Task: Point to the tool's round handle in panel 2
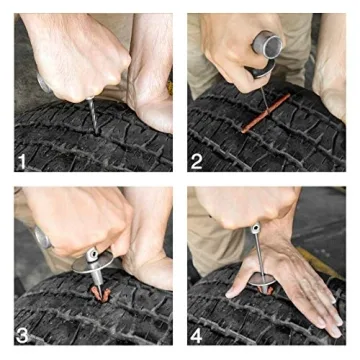(268, 45)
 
